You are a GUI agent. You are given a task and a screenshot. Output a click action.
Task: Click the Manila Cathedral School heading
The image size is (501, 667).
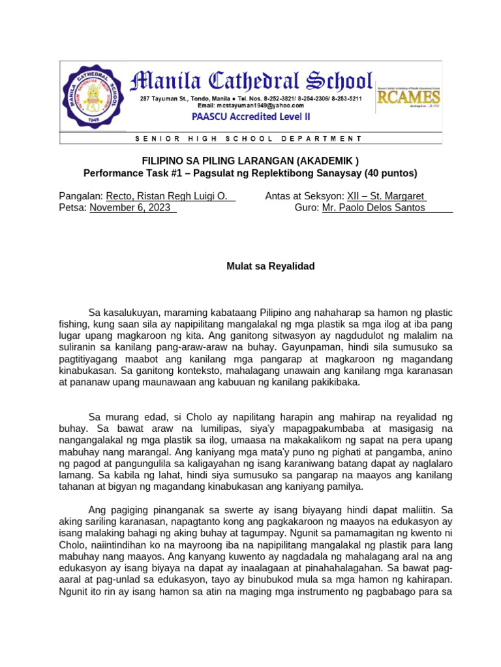[x=251, y=81]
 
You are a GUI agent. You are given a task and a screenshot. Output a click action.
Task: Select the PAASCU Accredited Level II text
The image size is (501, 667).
[x=251, y=117]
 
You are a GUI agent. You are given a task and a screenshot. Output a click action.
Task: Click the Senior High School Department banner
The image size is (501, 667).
[x=249, y=139]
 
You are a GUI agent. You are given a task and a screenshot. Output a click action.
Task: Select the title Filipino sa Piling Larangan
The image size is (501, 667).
[x=250, y=161]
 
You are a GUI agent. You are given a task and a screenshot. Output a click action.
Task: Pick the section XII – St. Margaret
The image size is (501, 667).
[x=386, y=197]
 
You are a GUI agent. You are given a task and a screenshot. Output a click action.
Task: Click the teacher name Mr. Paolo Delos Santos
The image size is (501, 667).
[x=374, y=208]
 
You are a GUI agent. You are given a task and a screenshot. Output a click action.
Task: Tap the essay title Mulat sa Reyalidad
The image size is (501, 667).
[x=261, y=266]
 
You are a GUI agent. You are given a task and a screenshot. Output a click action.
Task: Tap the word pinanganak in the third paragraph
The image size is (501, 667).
[x=172, y=510]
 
